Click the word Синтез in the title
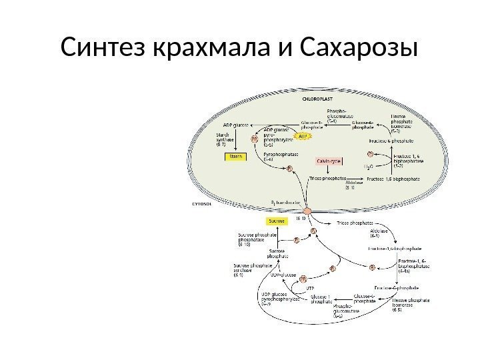[x=105, y=48]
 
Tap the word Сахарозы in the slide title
[x=359, y=48]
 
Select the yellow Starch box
[x=235, y=156]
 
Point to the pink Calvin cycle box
[x=329, y=160]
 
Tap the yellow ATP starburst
[x=304, y=136]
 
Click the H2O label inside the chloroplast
[x=367, y=165]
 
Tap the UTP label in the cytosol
[x=309, y=288]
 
